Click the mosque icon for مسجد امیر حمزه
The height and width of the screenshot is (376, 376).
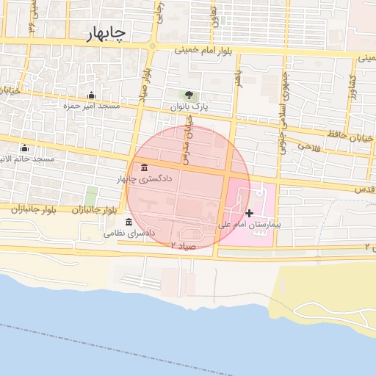91,95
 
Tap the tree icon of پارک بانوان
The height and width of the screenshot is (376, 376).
189,95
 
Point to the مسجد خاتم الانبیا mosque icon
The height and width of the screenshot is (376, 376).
25,148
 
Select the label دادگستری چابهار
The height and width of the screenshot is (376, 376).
144,178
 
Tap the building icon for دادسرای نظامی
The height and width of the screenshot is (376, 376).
129,222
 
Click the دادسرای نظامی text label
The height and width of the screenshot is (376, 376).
130,234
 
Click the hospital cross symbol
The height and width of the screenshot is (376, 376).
250,212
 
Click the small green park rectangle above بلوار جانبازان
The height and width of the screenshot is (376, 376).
91,196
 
